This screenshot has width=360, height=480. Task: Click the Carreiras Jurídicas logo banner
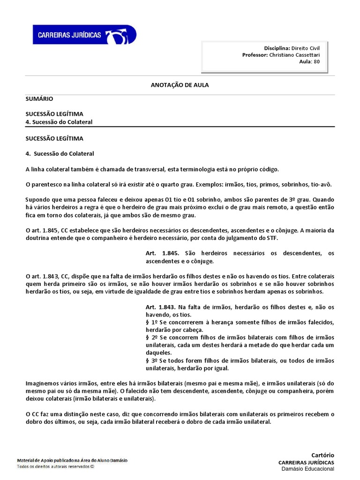(84, 35)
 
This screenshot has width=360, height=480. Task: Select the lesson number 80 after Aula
(317, 61)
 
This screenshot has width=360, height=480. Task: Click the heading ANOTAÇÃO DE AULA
(180, 85)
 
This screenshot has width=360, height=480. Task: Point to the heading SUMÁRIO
(39, 99)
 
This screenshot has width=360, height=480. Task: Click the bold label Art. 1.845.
(163, 254)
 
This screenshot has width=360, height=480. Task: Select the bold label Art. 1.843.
(163, 307)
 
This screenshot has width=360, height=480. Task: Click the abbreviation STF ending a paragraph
(272, 238)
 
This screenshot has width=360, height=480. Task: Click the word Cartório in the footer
(322, 455)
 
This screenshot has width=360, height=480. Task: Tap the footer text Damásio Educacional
(307, 469)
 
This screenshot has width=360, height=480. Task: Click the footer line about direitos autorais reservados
(55, 466)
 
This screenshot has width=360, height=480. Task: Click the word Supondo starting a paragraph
(37, 199)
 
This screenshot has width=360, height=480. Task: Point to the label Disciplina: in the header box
(277, 48)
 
